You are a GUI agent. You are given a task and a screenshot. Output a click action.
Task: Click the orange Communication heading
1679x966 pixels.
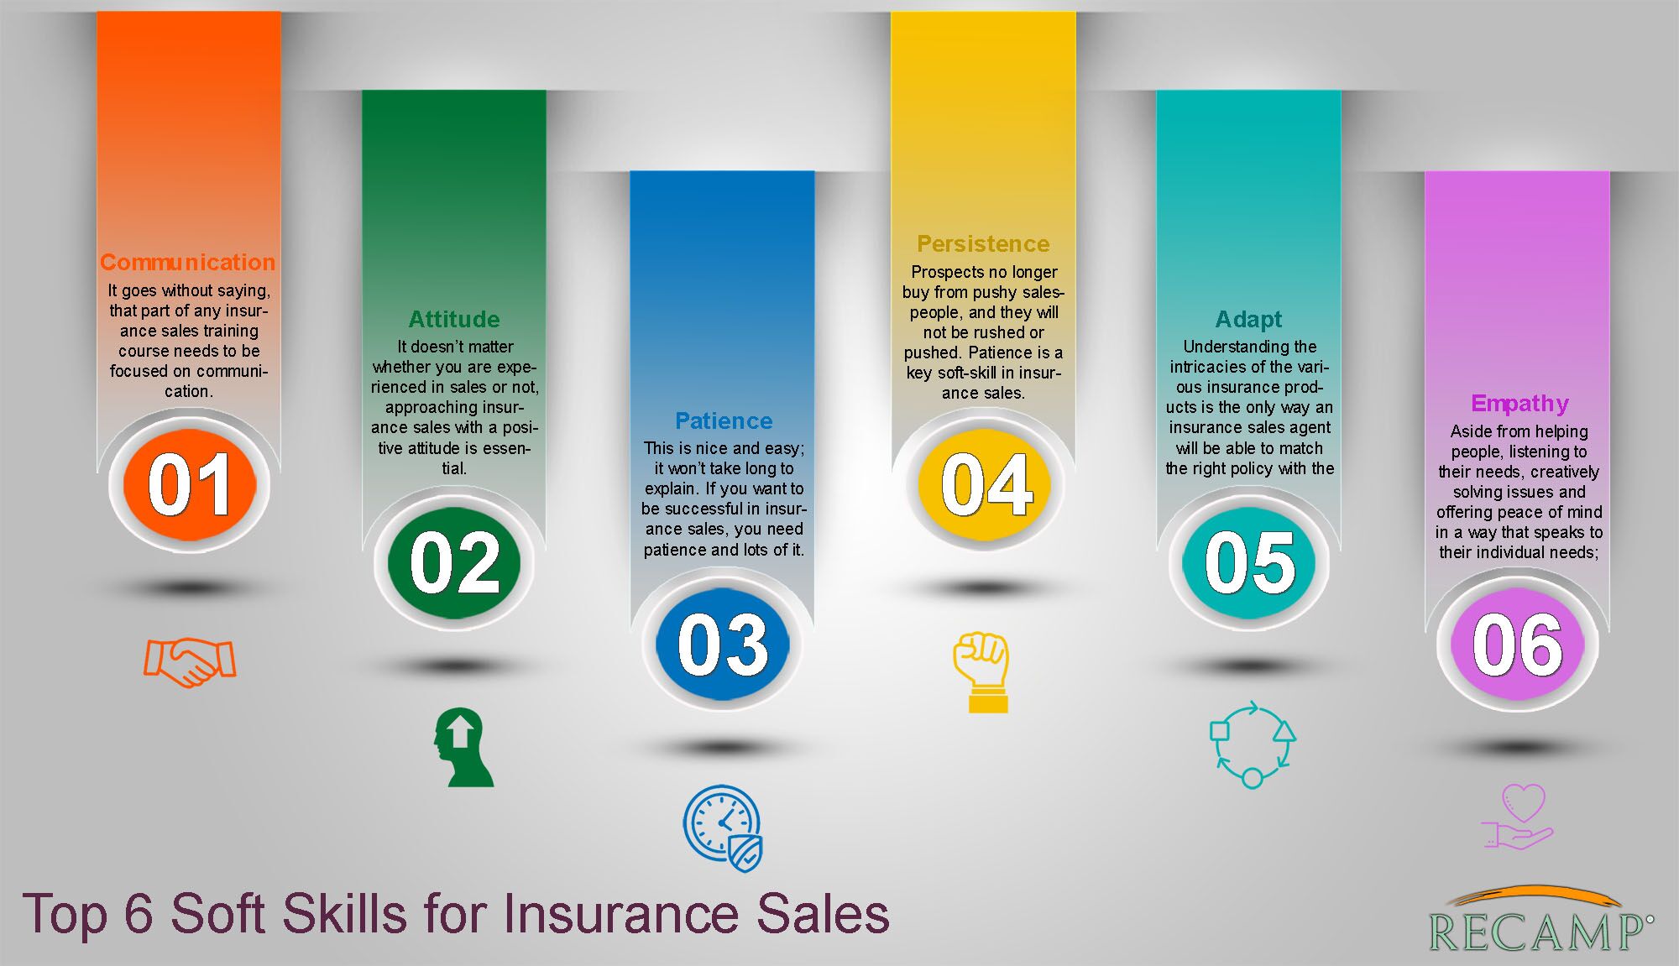click(x=187, y=263)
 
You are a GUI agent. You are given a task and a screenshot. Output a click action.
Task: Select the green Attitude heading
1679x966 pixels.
click(x=454, y=320)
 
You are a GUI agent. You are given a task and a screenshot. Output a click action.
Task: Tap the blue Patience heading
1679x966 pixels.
click(x=724, y=420)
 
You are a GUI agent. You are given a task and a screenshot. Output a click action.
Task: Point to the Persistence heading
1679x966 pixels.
click(x=983, y=244)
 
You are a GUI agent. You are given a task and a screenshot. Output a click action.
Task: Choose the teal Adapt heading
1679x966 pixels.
click(x=1249, y=320)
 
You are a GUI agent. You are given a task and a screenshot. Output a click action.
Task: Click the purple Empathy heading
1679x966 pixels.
click(x=1519, y=405)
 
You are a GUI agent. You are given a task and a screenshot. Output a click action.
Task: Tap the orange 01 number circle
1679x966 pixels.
click(x=190, y=484)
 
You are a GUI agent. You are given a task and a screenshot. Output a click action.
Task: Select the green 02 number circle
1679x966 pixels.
click(x=454, y=562)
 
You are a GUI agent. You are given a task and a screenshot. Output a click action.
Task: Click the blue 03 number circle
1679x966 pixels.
click(x=723, y=644)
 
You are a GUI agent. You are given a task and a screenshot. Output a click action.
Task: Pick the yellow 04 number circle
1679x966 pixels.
click(x=986, y=484)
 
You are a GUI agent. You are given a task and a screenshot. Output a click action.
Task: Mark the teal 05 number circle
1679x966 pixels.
click(x=1249, y=562)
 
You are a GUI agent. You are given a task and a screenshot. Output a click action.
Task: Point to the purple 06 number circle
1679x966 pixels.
click(x=1518, y=644)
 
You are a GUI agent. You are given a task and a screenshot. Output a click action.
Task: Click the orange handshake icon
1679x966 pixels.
click(x=190, y=662)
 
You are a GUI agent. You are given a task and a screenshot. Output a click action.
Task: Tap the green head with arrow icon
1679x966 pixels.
click(x=463, y=748)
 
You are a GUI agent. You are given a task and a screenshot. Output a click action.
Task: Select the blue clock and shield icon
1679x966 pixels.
click(x=723, y=828)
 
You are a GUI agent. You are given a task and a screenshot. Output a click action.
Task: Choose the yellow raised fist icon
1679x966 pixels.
click(x=981, y=672)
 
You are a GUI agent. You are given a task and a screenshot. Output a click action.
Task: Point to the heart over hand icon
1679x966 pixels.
click(x=1518, y=817)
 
